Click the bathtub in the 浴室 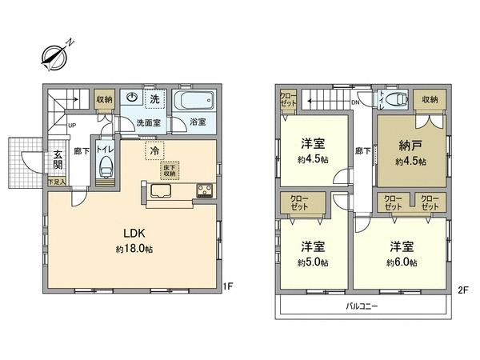click(x=195, y=102)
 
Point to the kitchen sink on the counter click(x=159, y=192)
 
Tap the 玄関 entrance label click(x=59, y=160)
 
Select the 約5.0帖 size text click(x=313, y=262)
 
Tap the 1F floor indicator click(x=227, y=285)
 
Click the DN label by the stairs click(x=356, y=102)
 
